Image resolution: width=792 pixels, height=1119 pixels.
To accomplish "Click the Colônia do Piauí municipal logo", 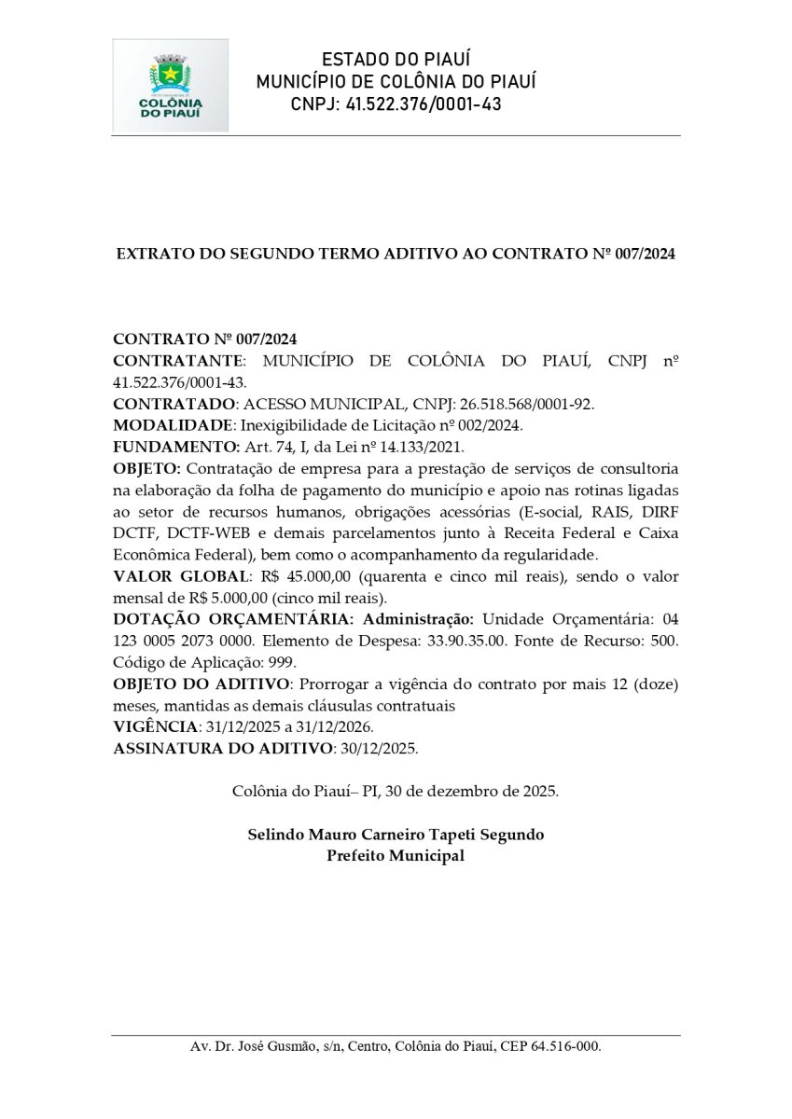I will tap(171, 85).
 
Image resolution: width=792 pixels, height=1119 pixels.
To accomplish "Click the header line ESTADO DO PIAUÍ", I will tap(396, 60).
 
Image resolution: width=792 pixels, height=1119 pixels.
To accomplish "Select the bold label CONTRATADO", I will tap(174, 404).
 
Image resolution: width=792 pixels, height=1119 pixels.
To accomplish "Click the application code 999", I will tap(281, 663).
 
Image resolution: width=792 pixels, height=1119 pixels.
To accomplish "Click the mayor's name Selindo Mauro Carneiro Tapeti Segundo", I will tap(396, 835).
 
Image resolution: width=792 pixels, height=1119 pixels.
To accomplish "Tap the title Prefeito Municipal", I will tap(396, 856).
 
